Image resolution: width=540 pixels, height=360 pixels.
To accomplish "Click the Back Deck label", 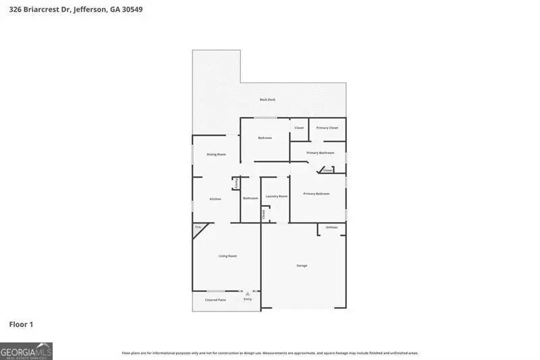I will coord(268,100).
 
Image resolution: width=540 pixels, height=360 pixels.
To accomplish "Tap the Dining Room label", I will coord(216,155).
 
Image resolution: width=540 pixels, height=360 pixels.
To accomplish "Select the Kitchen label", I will coord(215,199).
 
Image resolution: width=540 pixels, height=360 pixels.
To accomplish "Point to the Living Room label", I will coord(227,256).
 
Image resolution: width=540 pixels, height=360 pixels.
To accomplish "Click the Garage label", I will coord(302,265).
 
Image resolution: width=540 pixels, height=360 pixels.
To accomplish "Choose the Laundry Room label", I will coord(277,197).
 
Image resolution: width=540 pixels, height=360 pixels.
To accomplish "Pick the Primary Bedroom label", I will coord(317,194).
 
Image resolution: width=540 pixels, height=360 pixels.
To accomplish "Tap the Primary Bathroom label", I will coord(321,153).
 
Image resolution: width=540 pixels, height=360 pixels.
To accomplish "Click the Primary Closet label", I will coord(327,128).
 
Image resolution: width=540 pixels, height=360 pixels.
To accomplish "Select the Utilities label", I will coord(332,227).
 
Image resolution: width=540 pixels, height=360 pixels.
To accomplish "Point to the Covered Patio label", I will coord(216,300).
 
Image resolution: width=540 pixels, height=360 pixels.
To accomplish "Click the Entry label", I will coord(248,299).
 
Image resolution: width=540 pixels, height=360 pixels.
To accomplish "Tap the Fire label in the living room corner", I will coord(198,228).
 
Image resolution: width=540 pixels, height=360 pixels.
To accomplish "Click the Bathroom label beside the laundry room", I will coord(250,198).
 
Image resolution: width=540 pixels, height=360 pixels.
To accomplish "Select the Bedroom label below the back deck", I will coord(265,138).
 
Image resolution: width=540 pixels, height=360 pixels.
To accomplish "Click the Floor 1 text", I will coord(21,325).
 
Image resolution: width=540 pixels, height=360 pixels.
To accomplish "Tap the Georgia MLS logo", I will coord(26,351).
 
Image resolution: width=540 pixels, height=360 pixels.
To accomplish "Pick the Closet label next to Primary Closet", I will coord(299,128).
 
